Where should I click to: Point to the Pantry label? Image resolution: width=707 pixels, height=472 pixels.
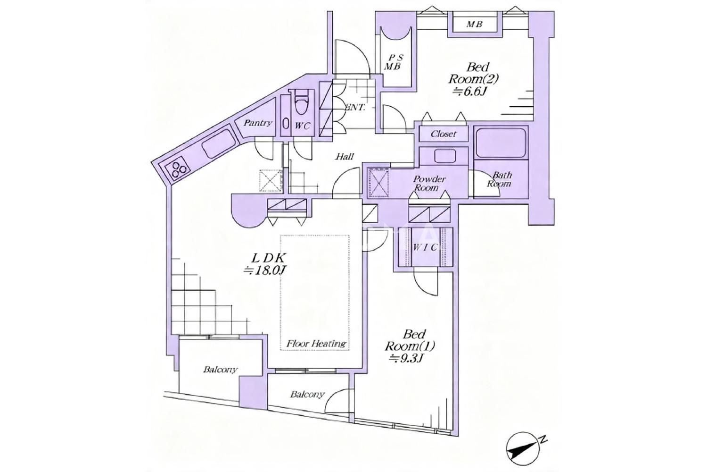pyautogui.click(x=257, y=123)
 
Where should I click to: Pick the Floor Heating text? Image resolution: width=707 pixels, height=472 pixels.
pyautogui.click(x=316, y=344)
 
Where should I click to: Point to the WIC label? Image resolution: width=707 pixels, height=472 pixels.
pyautogui.click(x=425, y=247)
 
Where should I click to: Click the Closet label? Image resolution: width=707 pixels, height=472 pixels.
pyautogui.click(x=444, y=134)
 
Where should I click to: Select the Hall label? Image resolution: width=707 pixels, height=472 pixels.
pyautogui.click(x=345, y=156)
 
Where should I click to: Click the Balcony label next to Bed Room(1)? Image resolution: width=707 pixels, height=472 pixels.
pyautogui.click(x=307, y=395)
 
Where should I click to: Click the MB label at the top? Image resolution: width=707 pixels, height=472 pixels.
pyautogui.click(x=474, y=25)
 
